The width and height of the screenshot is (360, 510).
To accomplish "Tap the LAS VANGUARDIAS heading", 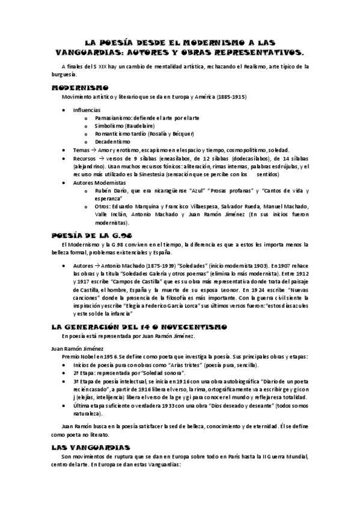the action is [91, 447].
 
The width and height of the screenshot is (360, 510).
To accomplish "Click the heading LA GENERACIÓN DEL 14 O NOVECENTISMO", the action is [139, 327].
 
